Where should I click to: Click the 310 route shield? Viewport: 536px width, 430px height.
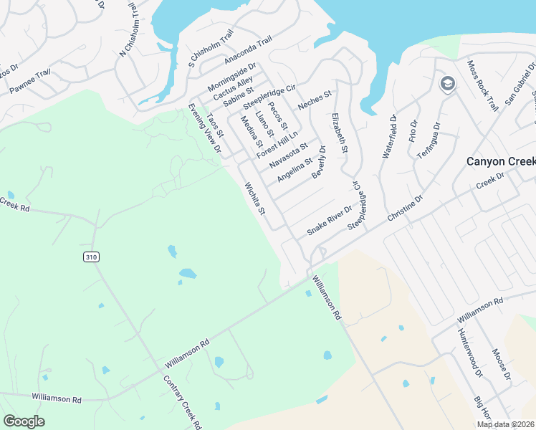coord(90,257)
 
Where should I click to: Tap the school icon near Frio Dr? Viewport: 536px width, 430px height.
coord(448,83)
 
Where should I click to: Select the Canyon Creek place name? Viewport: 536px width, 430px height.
coord(500,161)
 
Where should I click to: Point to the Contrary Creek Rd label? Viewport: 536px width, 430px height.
coord(182,402)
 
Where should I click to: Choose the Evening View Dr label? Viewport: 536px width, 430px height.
coord(204,127)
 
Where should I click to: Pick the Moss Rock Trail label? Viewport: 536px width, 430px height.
coord(482,85)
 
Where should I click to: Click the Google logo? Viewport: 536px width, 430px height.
coord(24,421)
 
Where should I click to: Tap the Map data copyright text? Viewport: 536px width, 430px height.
coord(506,424)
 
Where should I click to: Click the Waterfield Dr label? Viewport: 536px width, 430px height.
coord(393,136)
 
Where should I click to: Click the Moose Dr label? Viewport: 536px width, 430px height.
coord(501,365)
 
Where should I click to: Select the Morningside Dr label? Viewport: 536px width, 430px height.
coord(231,77)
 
